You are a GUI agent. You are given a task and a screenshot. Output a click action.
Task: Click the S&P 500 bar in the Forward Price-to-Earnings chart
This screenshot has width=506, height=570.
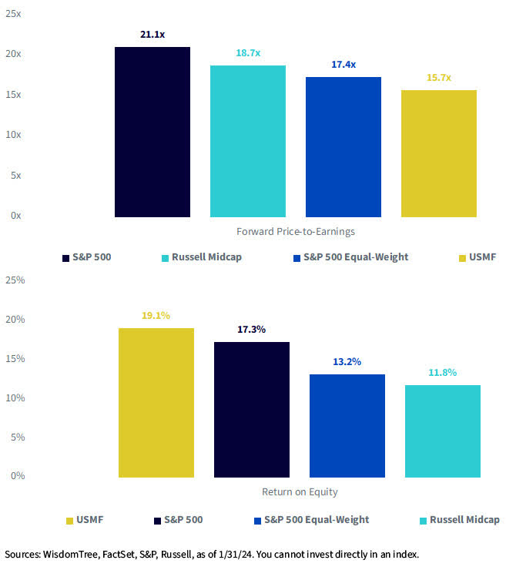coord(152,132)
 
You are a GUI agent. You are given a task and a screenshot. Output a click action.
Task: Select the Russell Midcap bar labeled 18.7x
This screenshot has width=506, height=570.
coord(248,141)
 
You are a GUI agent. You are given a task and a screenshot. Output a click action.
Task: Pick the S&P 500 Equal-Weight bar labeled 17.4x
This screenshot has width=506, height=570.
coord(343,146)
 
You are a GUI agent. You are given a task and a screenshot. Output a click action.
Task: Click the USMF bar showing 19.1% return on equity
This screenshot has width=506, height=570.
coord(156,403)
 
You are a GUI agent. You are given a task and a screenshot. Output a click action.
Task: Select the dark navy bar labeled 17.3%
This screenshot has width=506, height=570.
coord(252,410)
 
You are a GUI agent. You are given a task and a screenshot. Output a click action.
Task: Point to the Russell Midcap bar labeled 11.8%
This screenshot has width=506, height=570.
coord(443,431)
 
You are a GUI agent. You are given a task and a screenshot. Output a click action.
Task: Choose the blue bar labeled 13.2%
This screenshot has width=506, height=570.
coord(347,426)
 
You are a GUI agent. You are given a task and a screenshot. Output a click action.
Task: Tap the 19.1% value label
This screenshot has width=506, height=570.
coord(156,315)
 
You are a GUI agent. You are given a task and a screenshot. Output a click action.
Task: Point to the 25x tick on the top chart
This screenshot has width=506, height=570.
coord(13,14)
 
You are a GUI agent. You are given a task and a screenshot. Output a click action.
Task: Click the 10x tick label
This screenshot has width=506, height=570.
coord(13,135)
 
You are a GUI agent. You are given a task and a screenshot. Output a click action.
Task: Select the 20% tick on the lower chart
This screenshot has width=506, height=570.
coord(15,319)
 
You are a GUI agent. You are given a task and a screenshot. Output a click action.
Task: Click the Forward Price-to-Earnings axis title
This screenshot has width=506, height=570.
coord(296,232)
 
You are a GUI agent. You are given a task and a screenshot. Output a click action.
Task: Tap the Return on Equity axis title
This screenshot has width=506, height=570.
coord(300,492)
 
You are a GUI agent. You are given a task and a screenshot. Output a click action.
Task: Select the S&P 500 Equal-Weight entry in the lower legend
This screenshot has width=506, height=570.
coord(310,520)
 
